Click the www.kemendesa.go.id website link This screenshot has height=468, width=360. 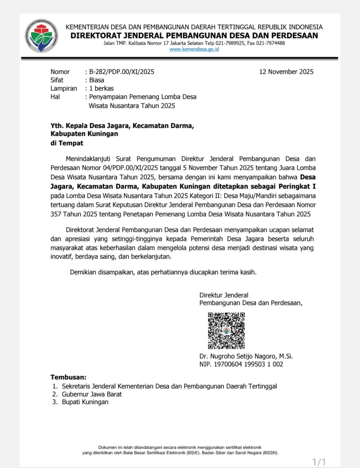click(x=194, y=49)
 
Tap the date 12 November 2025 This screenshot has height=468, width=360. click(x=286, y=72)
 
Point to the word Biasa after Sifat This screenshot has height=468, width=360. click(x=97, y=80)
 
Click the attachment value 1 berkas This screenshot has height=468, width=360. click(x=101, y=88)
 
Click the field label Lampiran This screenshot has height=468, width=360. click(x=64, y=88)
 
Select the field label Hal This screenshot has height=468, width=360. click(x=55, y=97)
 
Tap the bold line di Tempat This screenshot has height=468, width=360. click(x=67, y=143)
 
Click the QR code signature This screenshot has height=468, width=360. click(x=226, y=330)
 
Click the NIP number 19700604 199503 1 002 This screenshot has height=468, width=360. click(x=248, y=364)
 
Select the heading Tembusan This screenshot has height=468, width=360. click(x=68, y=377)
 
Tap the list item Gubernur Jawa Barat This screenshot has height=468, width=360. click(x=92, y=394)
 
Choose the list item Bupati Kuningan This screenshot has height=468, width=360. click(x=85, y=402)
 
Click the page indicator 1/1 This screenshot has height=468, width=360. click(x=319, y=462)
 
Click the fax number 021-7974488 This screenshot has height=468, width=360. click(x=270, y=43)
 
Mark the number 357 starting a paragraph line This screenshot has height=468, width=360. click(x=56, y=214)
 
